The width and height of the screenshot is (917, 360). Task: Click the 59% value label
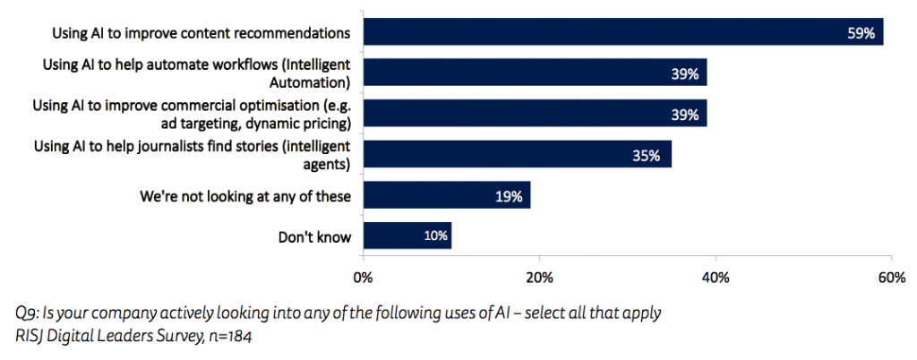[x=862, y=33]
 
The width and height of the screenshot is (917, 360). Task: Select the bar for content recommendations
[x=622, y=31]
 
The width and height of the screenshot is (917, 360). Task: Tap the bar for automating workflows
[x=535, y=73]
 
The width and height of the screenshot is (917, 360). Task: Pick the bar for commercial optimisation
[x=535, y=113]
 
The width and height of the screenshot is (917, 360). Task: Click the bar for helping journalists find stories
[x=517, y=154]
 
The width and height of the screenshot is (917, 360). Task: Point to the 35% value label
[x=646, y=155]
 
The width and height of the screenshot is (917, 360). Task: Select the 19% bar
[x=447, y=195]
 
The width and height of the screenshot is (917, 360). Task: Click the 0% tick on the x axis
[x=363, y=278]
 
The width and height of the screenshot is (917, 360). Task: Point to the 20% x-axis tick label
[x=539, y=278]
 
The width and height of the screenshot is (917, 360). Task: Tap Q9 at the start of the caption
[x=26, y=314]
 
